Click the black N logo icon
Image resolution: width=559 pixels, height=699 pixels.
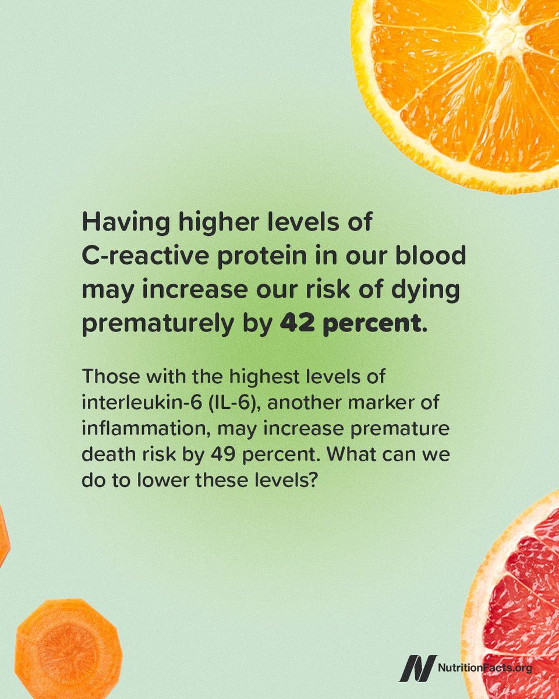tap(417, 668)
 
